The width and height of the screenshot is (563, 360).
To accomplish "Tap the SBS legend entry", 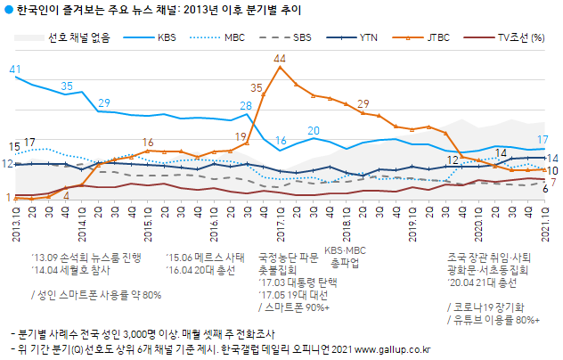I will click(302, 38).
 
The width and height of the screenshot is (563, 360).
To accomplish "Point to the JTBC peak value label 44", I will click(280, 59).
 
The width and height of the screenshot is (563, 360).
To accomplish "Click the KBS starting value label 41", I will click(15, 69).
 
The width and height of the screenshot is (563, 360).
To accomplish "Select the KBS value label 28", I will click(247, 106).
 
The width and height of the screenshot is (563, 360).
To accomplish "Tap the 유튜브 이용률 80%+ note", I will click(494, 319).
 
